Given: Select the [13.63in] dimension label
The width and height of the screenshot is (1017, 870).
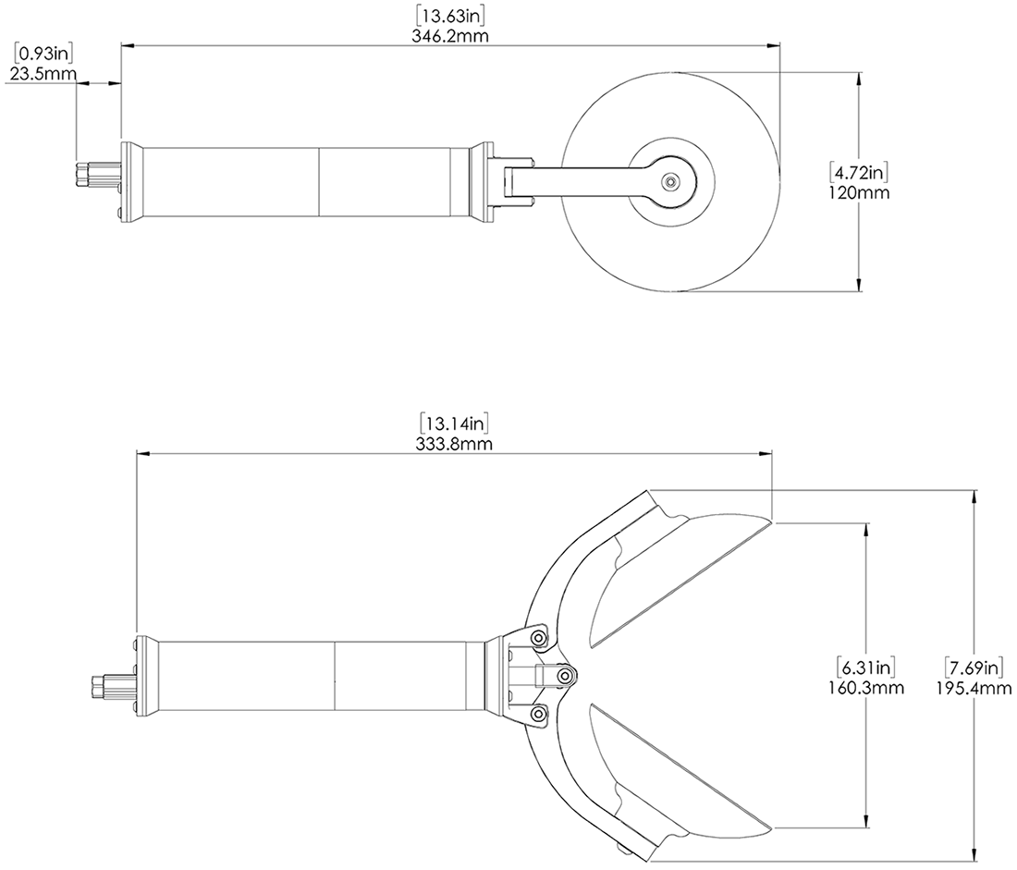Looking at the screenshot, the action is (450, 15).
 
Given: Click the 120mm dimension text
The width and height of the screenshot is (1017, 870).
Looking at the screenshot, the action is (860, 192).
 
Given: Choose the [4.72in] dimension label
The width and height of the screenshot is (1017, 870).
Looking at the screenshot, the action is (860, 173).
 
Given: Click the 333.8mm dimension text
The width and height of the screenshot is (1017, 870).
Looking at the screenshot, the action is (453, 444).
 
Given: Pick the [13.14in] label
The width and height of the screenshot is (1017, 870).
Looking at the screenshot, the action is (453, 423).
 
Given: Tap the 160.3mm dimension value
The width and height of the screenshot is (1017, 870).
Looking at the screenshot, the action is (865, 687).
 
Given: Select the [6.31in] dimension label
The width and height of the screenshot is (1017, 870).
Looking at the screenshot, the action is (865, 668).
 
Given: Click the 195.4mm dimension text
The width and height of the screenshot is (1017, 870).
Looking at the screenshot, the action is (974, 687).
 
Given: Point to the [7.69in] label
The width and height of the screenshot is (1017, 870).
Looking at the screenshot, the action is (974, 668).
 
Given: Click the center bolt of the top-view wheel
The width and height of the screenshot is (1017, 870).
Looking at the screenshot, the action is (668, 181).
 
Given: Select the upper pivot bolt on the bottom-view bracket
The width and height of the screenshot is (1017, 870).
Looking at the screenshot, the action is (538, 638).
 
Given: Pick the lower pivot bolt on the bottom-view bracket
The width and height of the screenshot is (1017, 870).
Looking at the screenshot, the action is (538, 715).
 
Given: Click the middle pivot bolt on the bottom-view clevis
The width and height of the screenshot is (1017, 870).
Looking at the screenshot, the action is (566, 676).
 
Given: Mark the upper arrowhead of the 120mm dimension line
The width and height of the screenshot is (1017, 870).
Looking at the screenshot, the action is (859, 79).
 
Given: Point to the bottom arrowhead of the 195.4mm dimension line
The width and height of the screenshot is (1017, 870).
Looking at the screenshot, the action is (974, 856).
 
